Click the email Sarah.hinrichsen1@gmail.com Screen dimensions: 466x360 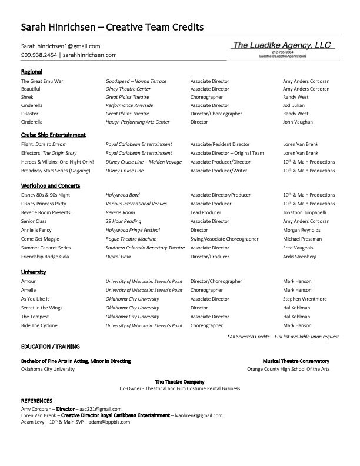pos(61,46)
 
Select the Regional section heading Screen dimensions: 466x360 pos(32,72)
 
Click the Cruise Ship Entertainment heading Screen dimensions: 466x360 pos(54,135)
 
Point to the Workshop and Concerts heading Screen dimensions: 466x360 pos(51,185)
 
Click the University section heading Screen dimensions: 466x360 pos(34,272)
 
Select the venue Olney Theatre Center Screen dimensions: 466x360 pos(128,89)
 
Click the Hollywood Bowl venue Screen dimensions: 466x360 pos(122,195)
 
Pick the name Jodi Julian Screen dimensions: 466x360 pos(296,105)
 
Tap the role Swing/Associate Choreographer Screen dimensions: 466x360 pos(225,239)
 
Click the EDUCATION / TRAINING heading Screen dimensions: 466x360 pos(51,347)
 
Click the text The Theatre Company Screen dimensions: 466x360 pos(180,381)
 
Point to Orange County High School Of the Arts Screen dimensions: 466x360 pos(288,369)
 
